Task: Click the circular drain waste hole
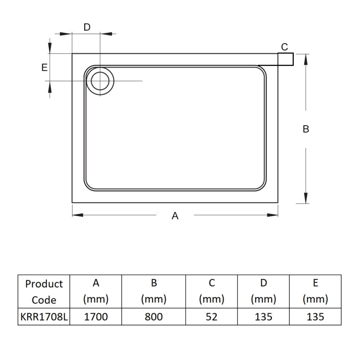tap(99, 81)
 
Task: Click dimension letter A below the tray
tap(175, 216)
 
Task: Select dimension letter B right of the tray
tap(306, 129)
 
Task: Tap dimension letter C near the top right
tap(284, 47)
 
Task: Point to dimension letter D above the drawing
tap(87, 27)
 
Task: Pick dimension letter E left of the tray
tap(44, 67)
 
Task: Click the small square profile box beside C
tap(286, 59)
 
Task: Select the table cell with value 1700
tap(96, 317)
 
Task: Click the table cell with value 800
tap(154, 317)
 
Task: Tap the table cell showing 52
tap(211, 317)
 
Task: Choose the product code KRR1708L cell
tap(44, 317)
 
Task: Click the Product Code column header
tap(44, 292)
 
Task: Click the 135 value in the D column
tap(263, 317)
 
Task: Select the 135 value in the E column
tap(315, 317)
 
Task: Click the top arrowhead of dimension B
tap(306, 58)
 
